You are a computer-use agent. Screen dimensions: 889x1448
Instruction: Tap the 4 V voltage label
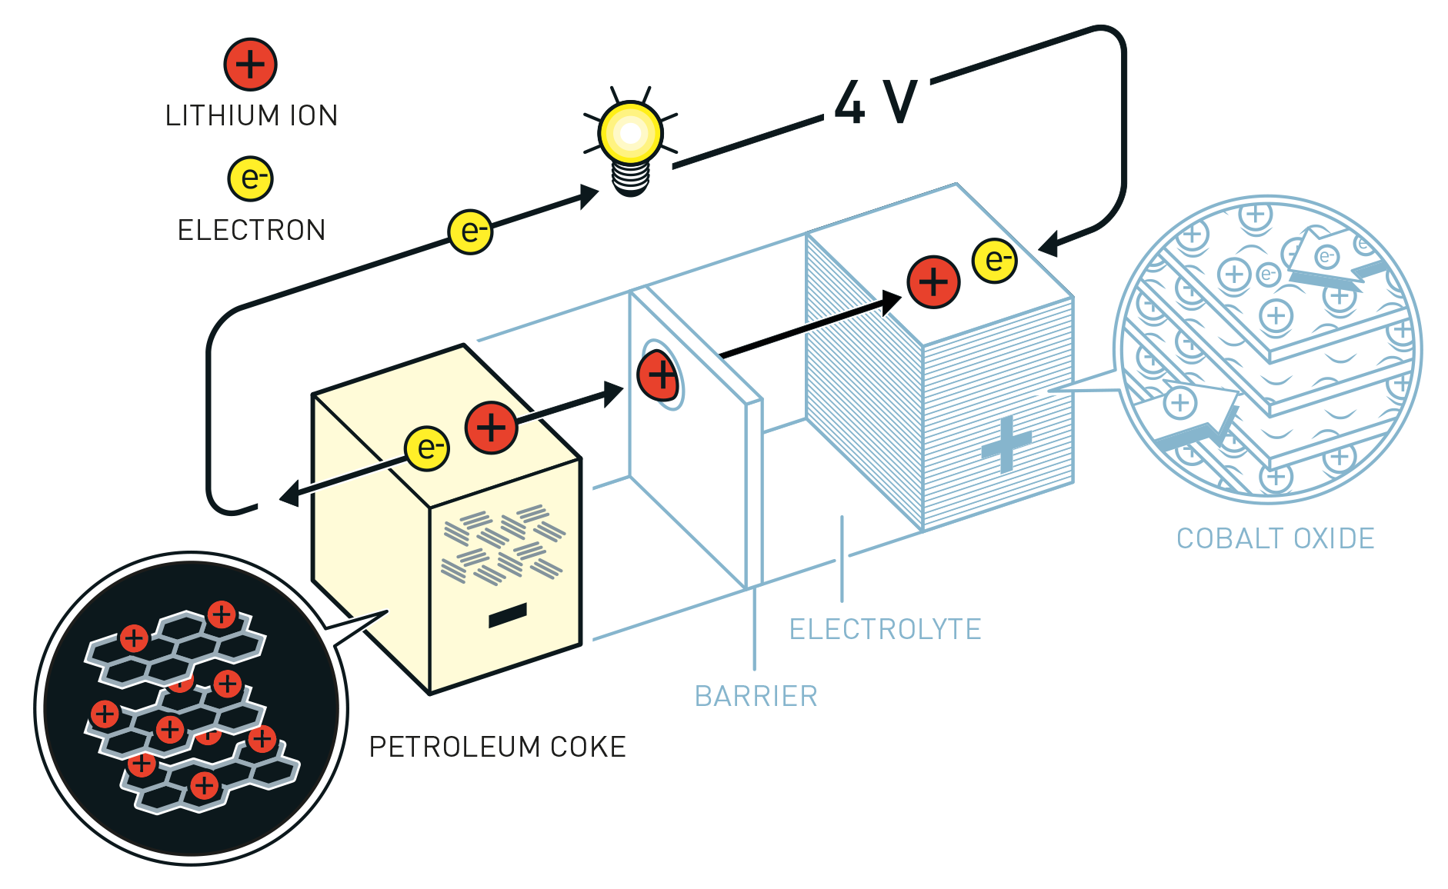tap(876, 102)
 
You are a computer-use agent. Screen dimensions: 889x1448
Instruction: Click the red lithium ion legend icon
tap(250, 64)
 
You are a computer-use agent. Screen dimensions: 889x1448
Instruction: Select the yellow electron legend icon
tap(251, 178)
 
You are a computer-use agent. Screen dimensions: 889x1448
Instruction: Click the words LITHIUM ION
tap(252, 115)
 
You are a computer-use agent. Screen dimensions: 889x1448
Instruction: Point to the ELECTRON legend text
tap(252, 230)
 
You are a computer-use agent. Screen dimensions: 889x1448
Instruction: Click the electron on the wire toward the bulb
tap(470, 231)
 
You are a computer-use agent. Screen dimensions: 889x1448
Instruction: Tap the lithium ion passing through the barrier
tap(659, 375)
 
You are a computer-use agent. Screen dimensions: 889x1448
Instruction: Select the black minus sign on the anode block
tap(508, 615)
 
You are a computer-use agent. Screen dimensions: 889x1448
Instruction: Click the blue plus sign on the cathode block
tap(1006, 444)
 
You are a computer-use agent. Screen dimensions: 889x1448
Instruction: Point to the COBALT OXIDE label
tap(1275, 538)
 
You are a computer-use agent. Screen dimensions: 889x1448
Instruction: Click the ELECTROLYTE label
tap(885, 629)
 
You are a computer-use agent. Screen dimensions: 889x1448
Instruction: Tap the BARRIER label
tap(756, 696)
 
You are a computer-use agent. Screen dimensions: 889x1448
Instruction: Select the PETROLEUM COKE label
tap(497, 747)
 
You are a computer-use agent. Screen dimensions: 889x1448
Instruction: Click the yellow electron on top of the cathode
tap(995, 261)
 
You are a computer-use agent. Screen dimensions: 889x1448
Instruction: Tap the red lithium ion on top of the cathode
tap(933, 282)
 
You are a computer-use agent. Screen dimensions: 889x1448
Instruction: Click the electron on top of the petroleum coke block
tap(427, 448)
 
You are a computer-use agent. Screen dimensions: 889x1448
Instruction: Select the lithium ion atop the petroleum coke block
tap(491, 427)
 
